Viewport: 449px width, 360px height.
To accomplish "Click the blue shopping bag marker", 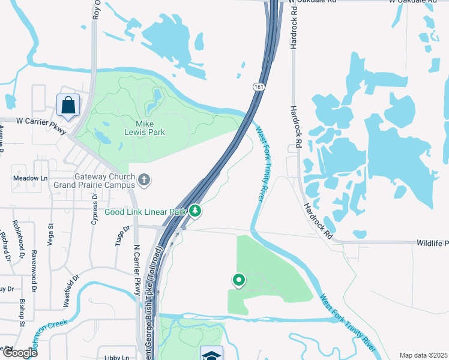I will click(x=68, y=106).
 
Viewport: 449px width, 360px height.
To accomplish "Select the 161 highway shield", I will click(x=257, y=88).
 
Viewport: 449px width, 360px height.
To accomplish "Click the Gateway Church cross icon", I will click(x=144, y=179).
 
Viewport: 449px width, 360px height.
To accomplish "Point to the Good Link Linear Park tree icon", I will click(x=196, y=211).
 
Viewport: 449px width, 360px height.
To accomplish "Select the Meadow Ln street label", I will click(x=30, y=178).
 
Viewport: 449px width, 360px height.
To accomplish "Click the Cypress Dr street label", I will click(x=95, y=212).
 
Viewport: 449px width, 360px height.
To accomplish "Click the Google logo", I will click(x=19, y=353).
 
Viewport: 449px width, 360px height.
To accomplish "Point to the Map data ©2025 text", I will click(x=423, y=355).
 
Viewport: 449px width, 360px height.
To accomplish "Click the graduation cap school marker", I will click(x=212, y=354).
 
